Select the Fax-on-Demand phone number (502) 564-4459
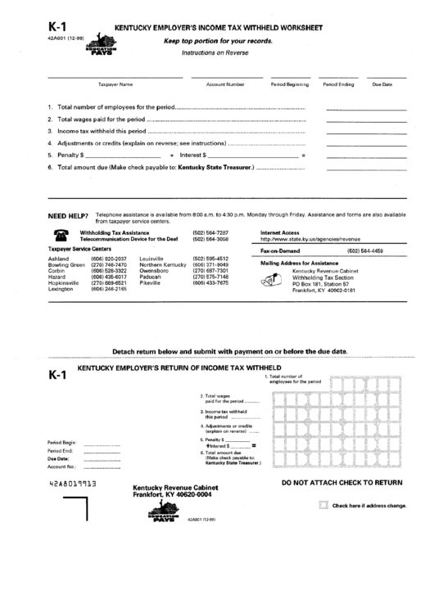click(x=365, y=250)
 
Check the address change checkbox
click(x=323, y=506)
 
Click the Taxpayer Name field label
click(x=115, y=84)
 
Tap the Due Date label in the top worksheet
click(x=382, y=84)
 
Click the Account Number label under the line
click(x=225, y=84)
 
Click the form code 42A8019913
click(x=73, y=485)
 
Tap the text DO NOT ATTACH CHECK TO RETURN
click(x=341, y=483)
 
